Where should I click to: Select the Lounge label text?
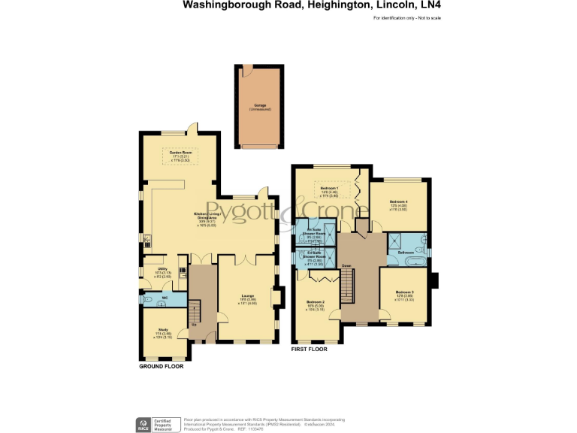tap(248, 297)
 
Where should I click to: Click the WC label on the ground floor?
tap(164, 298)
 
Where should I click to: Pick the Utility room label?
tap(162, 268)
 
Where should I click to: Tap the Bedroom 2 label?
tap(316, 301)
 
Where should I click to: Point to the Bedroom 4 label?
tap(399, 202)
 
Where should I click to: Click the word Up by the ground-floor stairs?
tap(194, 325)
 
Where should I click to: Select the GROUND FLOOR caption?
tap(161, 367)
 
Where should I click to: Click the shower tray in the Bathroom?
tap(395, 239)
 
